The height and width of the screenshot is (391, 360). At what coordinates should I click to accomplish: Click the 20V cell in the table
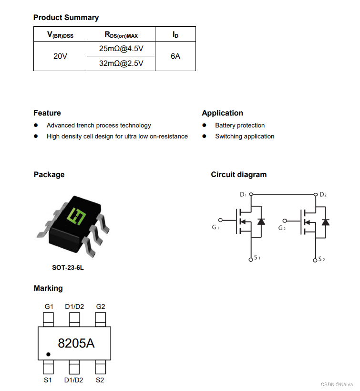[x=60, y=56]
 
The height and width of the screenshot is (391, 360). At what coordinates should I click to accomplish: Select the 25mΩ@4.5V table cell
[x=121, y=49]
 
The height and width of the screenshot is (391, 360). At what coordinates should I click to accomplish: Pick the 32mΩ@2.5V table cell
[x=121, y=63]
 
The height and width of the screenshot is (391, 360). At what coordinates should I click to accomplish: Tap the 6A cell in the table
[x=175, y=56]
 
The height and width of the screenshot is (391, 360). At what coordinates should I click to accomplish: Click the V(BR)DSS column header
[x=60, y=34]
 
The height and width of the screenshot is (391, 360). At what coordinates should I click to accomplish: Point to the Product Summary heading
[x=66, y=18]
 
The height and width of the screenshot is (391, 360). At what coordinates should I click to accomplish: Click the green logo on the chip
[x=77, y=216]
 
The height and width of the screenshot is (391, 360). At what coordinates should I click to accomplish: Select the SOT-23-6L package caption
[x=68, y=268]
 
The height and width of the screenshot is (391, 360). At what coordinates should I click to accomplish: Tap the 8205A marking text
[x=76, y=343]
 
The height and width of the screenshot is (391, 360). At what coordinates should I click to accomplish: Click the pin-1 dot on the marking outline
[x=48, y=355]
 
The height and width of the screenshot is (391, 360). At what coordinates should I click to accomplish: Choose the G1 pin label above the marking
[x=49, y=306]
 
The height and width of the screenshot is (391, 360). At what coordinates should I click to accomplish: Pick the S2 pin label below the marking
[x=100, y=380]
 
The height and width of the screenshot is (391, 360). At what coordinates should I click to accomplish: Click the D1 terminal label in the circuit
[x=243, y=195]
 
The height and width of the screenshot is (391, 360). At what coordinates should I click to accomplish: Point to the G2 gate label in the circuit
[x=282, y=228]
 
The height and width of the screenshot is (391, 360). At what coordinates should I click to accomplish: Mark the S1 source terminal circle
[x=251, y=259]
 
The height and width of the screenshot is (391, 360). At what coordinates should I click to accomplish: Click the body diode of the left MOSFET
[x=261, y=222]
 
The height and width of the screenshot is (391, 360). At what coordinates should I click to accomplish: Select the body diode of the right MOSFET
[x=325, y=222]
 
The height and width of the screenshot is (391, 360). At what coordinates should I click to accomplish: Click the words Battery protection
[x=239, y=126]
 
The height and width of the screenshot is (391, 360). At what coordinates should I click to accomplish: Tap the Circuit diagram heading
[x=239, y=175]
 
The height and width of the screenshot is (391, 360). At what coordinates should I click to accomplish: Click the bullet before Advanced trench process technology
[x=36, y=126]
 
